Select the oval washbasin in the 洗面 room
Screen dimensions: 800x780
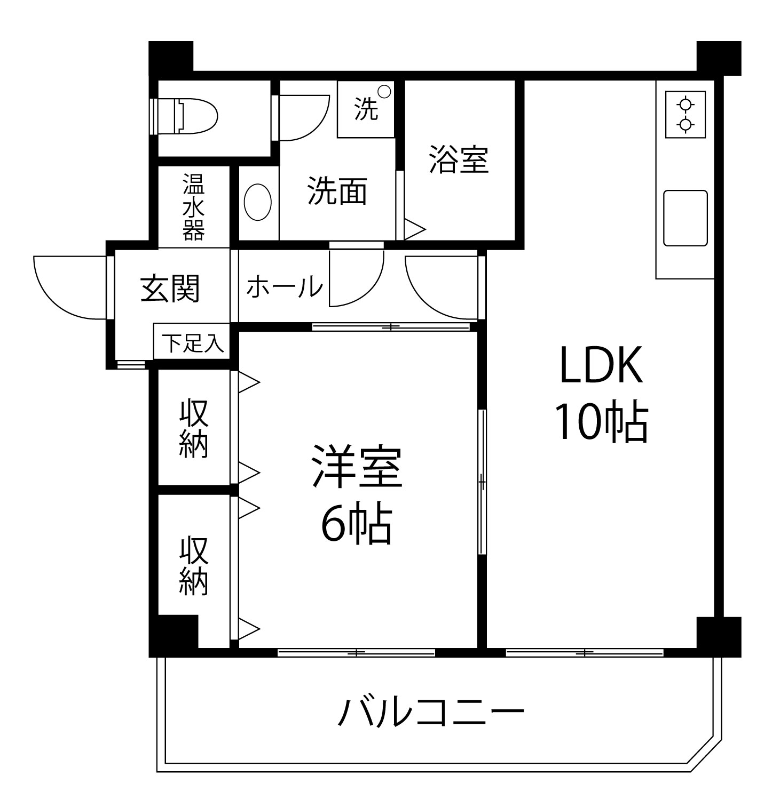click(258, 202)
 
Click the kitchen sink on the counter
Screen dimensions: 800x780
click(685, 218)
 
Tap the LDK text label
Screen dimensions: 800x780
click(600, 366)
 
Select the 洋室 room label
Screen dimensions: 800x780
click(356, 467)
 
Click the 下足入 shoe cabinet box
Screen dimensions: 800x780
click(192, 343)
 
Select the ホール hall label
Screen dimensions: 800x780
click(285, 287)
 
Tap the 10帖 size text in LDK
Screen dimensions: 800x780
click(601, 423)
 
